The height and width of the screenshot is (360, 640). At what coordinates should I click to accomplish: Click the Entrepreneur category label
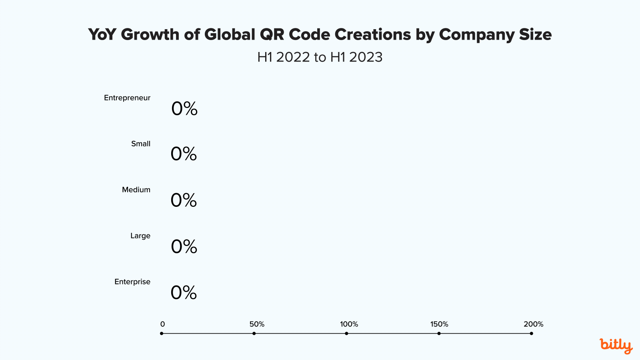click(x=127, y=98)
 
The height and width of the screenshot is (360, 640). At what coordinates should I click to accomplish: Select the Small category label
click(x=141, y=144)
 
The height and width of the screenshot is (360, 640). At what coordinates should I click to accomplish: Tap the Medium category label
click(x=136, y=190)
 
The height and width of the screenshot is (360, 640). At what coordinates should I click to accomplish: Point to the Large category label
click(x=140, y=236)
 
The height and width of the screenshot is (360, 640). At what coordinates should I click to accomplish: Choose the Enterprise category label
click(x=132, y=282)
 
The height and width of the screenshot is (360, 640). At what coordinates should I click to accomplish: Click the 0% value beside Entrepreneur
click(x=184, y=109)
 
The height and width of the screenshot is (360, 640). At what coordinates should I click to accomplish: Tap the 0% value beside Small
click(x=184, y=154)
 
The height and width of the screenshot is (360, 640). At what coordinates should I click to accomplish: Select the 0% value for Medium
click(x=184, y=200)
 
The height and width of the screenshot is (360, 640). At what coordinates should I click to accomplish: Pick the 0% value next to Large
click(x=184, y=247)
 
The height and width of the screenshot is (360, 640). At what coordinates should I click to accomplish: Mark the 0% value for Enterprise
click(x=184, y=293)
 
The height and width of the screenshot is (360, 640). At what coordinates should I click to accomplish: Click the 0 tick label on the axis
click(x=162, y=324)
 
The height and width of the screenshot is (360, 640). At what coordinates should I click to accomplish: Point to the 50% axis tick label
click(x=257, y=324)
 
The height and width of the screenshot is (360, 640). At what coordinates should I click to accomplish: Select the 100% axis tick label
click(x=349, y=324)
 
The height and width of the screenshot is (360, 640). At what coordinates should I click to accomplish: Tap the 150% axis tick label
click(x=439, y=324)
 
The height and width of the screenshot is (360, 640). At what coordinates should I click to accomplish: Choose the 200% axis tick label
click(x=534, y=324)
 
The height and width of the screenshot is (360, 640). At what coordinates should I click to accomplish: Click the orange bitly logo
click(x=616, y=346)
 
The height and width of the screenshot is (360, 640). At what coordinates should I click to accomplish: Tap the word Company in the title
click(x=476, y=35)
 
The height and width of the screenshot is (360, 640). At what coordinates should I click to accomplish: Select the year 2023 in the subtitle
click(x=366, y=57)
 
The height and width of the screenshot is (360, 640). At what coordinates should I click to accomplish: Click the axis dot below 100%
click(x=346, y=334)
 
